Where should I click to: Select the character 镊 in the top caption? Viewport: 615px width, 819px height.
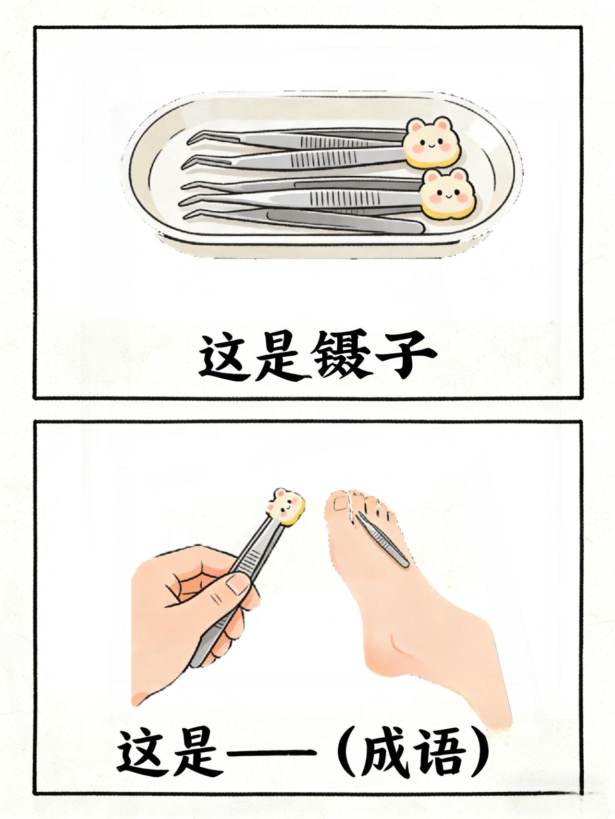point(320,357)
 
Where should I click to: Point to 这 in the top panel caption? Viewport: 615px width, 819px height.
point(224,357)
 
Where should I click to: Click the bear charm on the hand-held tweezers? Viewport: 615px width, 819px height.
point(286,506)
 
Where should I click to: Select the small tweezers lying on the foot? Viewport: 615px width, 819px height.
point(382,539)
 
